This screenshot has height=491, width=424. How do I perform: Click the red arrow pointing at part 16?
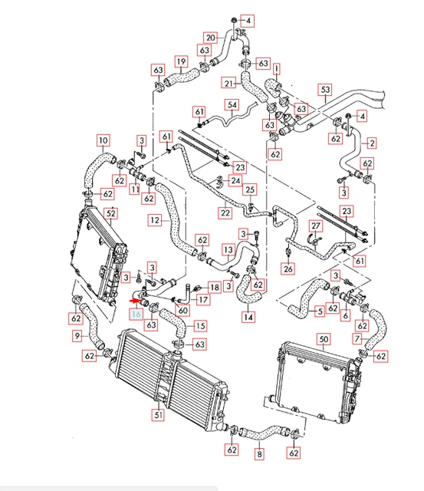click(135, 301)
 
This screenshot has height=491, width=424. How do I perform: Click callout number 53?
click(325, 90)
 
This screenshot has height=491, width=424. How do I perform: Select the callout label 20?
click(211, 38)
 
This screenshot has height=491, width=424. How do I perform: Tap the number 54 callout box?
click(232, 104)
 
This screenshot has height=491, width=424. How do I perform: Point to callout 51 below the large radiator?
click(159, 414)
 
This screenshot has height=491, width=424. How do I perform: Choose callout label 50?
click(324, 339)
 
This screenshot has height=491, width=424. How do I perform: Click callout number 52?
click(111, 213)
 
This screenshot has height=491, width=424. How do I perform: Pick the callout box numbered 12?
click(155, 220)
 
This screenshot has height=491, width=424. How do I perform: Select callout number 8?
click(259, 453)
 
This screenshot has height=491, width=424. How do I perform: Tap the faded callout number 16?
click(136, 314)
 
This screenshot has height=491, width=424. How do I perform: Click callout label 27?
click(315, 226)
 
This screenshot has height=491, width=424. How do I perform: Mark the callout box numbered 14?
click(248, 317)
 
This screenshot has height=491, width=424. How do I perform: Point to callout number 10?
click(104, 140)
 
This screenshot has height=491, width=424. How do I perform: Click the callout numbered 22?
click(225, 213)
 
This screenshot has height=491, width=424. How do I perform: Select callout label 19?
click(181, 61)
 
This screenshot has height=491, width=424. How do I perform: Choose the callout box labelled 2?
click(372, 143)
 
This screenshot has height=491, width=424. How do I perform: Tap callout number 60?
click(182, 310)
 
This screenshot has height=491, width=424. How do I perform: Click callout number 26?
click(288, 269)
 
